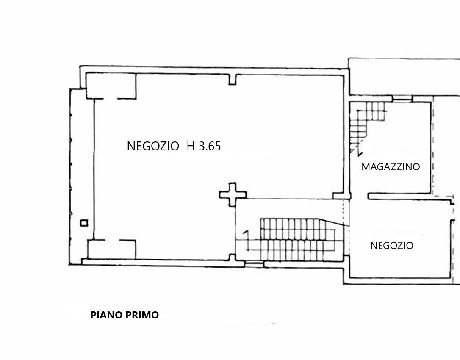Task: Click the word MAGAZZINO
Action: [391, 166]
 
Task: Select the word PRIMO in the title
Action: [142, 315]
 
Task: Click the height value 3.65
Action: [210, 146]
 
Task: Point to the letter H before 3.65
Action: [191, 146]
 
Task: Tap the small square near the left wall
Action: [84, 223]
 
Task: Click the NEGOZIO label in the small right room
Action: [392, 245]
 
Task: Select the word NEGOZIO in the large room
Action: [153, 146]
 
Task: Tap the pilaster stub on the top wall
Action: [232, 80]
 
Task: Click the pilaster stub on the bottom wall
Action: [232, 258]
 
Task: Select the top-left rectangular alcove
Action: [111, 86]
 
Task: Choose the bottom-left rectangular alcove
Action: [111, 249]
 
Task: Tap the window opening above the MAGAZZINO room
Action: [403, 100]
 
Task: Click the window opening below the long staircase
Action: [254, 264]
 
